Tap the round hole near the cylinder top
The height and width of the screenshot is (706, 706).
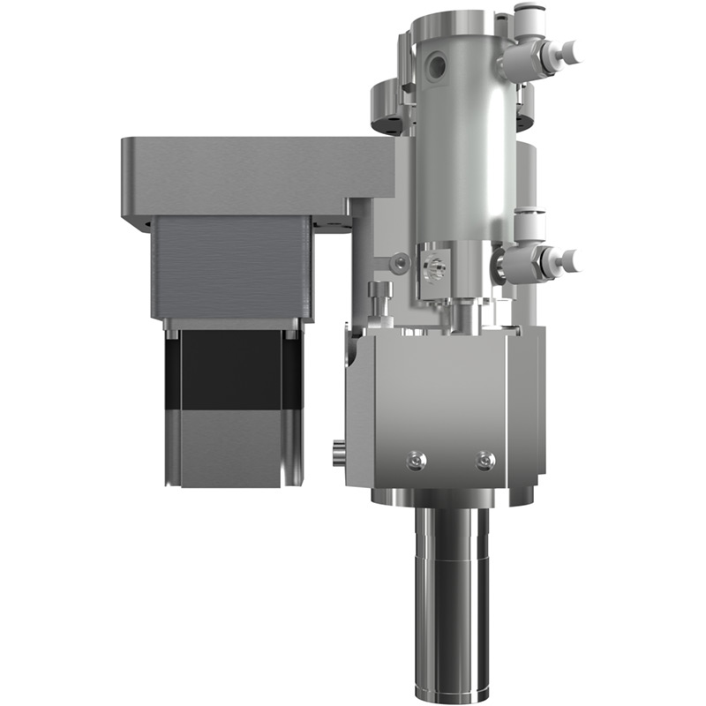pos(435,64)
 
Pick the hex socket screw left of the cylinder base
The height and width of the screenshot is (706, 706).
pos(402,262)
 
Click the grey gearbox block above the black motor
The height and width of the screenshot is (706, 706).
pos(231,269)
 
